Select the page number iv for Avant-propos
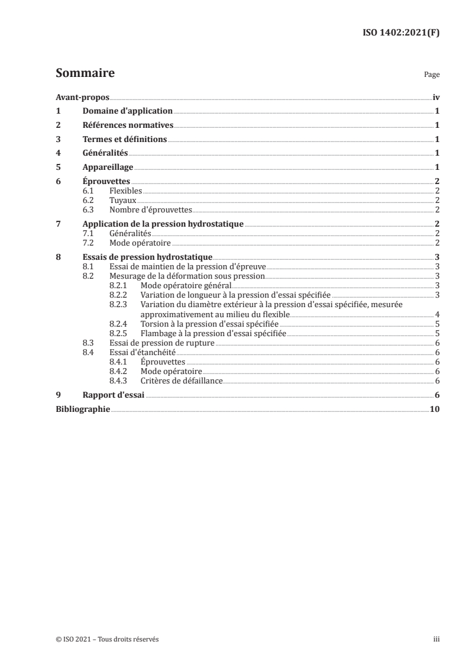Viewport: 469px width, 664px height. (435, 97)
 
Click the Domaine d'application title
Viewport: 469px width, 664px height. (127, 111)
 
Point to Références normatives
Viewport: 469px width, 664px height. (127, 125)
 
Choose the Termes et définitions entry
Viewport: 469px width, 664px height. (124, 140)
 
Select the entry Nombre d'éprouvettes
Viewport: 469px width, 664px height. (150, 209)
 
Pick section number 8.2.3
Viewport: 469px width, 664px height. (120, 304)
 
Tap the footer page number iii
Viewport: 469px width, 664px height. (436, 639)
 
